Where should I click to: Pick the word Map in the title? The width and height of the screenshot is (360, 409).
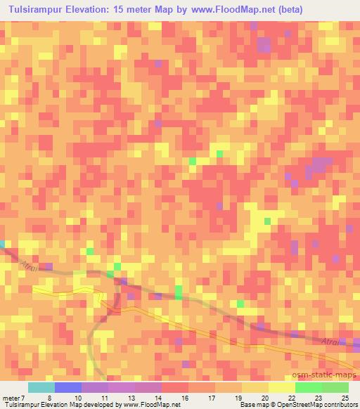point(193,10)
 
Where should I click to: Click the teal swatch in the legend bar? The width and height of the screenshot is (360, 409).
point(41,387)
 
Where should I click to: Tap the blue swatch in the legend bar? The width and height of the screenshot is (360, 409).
point(68,387)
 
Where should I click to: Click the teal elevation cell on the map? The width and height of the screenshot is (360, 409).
point(2,244)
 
